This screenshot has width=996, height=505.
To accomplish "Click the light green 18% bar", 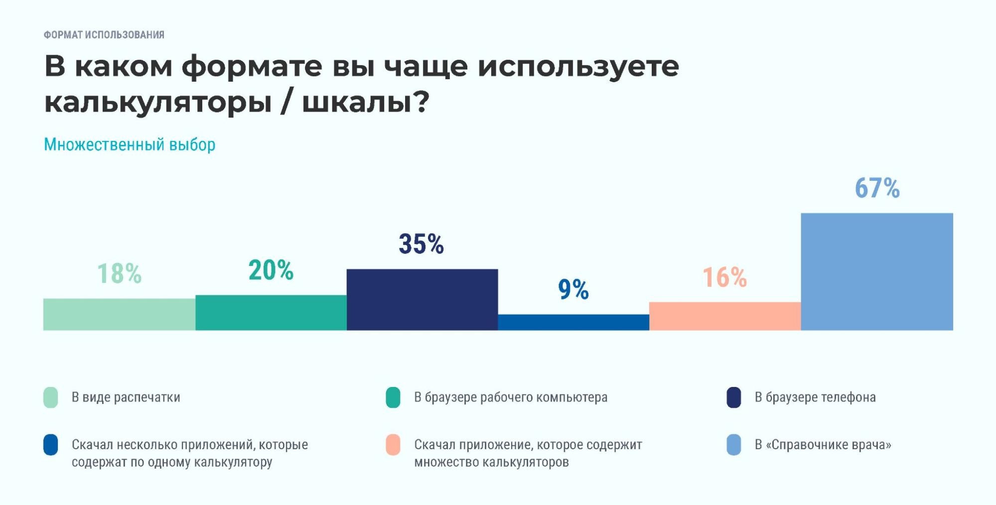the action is click(119, 314).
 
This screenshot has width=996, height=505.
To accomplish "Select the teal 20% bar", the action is click(271, 313).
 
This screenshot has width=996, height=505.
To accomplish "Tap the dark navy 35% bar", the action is click(422, 300).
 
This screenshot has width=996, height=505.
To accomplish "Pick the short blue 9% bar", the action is click(573, 322).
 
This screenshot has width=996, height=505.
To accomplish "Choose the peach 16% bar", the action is click(725, 316).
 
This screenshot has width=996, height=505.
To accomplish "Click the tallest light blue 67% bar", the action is click(877, 272).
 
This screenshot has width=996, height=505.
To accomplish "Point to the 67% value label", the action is click(877, 188).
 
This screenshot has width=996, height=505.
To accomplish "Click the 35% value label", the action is click(421, 244).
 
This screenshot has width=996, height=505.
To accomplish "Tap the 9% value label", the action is click(573, 289).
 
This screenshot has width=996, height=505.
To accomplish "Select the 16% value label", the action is click(724, 277).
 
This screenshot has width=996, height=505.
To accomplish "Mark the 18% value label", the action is click(119, 274).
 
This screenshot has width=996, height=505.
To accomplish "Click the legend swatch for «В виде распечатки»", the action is click(51, 397).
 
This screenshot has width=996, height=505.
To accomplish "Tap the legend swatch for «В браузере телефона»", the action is click(734, 397).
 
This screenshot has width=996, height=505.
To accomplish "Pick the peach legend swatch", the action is click(393, 445).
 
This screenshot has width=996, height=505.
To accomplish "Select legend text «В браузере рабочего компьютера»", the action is click(511, 397).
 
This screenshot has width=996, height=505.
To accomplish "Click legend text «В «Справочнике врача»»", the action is click(823, 444).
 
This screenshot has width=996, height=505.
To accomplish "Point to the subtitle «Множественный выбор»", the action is click(130, 144).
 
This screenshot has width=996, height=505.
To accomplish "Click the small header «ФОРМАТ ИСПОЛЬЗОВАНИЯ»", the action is click(104, 35).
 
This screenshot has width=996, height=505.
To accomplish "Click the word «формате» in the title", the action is click(252, 66).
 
